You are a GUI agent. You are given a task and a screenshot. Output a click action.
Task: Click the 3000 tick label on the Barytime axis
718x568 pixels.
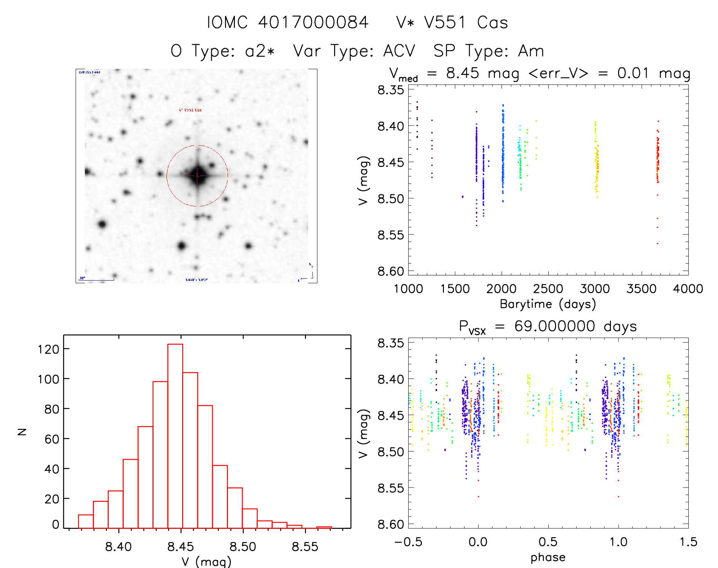(595, 289)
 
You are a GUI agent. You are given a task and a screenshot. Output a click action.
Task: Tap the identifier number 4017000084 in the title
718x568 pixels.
(313, 22)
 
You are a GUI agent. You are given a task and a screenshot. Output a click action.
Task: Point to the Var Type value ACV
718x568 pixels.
(399, 51)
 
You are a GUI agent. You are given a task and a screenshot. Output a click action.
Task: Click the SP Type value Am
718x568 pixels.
(531, 51)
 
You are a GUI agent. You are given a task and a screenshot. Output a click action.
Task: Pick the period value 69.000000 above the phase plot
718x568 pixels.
(555, 326)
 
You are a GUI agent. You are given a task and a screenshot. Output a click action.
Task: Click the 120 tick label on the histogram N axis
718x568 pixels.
(49, 349)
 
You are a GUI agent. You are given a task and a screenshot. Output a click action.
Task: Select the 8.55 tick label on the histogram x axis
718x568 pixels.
(305, 547)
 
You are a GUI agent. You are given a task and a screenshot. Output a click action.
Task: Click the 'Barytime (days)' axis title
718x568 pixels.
(548, 304)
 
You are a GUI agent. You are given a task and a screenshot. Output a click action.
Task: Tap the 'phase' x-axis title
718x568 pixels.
(548, 557)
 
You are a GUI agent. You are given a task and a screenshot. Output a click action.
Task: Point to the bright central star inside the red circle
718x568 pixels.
(197, 176)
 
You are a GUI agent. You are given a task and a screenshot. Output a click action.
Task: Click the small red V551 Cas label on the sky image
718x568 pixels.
(190, 110)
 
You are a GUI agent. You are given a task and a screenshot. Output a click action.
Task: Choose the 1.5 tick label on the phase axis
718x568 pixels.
(688, 542)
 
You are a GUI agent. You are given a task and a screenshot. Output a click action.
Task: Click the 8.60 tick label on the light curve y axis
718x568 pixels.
(391, 271)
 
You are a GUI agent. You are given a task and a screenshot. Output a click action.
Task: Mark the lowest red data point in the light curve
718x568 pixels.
(658, 243)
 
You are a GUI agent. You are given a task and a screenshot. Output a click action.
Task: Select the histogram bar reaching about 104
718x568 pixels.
(190, 450)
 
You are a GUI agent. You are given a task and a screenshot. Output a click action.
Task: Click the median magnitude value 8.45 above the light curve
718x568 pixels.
(463, 73)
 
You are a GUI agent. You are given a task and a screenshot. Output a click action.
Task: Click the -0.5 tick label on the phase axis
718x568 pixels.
(408, 542)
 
